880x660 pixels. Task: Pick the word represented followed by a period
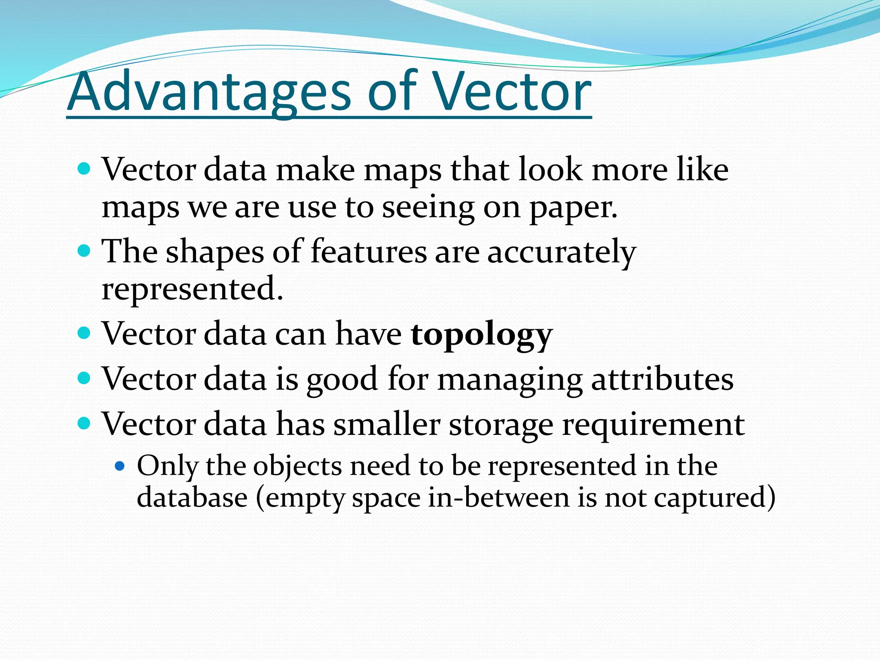[192, 289]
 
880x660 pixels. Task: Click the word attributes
[662, 380]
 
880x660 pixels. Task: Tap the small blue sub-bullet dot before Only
[120, 465]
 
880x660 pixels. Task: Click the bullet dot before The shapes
[85, 251]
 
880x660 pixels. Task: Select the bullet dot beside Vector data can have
[85, 333]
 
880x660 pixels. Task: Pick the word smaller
[387, 425]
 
